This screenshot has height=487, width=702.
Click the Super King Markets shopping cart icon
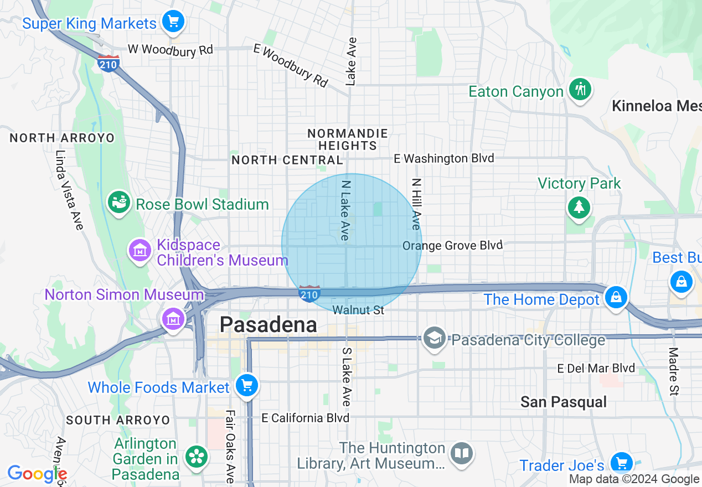click(173, 22)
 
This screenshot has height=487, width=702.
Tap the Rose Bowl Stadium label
click(202, 204)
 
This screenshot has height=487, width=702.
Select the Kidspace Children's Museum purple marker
click(140, 251)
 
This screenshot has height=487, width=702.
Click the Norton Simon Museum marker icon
click(173, 318)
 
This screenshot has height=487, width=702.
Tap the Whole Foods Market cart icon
click(246, 385)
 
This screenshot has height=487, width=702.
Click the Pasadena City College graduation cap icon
click(435, 338)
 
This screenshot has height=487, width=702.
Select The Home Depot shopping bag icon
click(615, 297)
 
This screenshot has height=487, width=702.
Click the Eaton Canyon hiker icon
click(580, 89)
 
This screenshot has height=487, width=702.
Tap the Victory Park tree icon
click(579, 207)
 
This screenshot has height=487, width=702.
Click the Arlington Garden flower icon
click(196, 456)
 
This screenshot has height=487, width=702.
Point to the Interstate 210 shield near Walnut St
click(309, 293)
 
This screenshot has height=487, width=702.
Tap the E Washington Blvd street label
click(443, 159)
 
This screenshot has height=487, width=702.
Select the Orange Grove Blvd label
click(452, 245)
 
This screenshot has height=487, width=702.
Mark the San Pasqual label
click(564, 402)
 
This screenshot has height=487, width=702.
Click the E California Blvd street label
click(306, 417)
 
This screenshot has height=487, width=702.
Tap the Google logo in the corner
click(37, 474)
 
